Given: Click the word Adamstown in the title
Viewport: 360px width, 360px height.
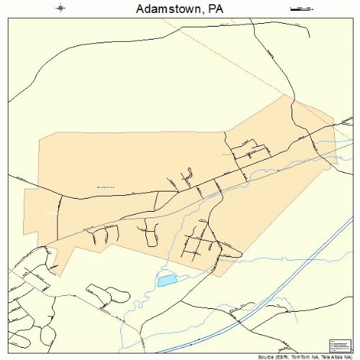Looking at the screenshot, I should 165,9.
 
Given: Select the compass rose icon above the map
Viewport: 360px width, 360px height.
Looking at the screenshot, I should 60,9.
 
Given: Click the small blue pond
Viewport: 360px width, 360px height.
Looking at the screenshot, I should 166,280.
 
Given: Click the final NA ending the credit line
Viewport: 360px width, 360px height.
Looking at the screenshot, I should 347,356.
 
